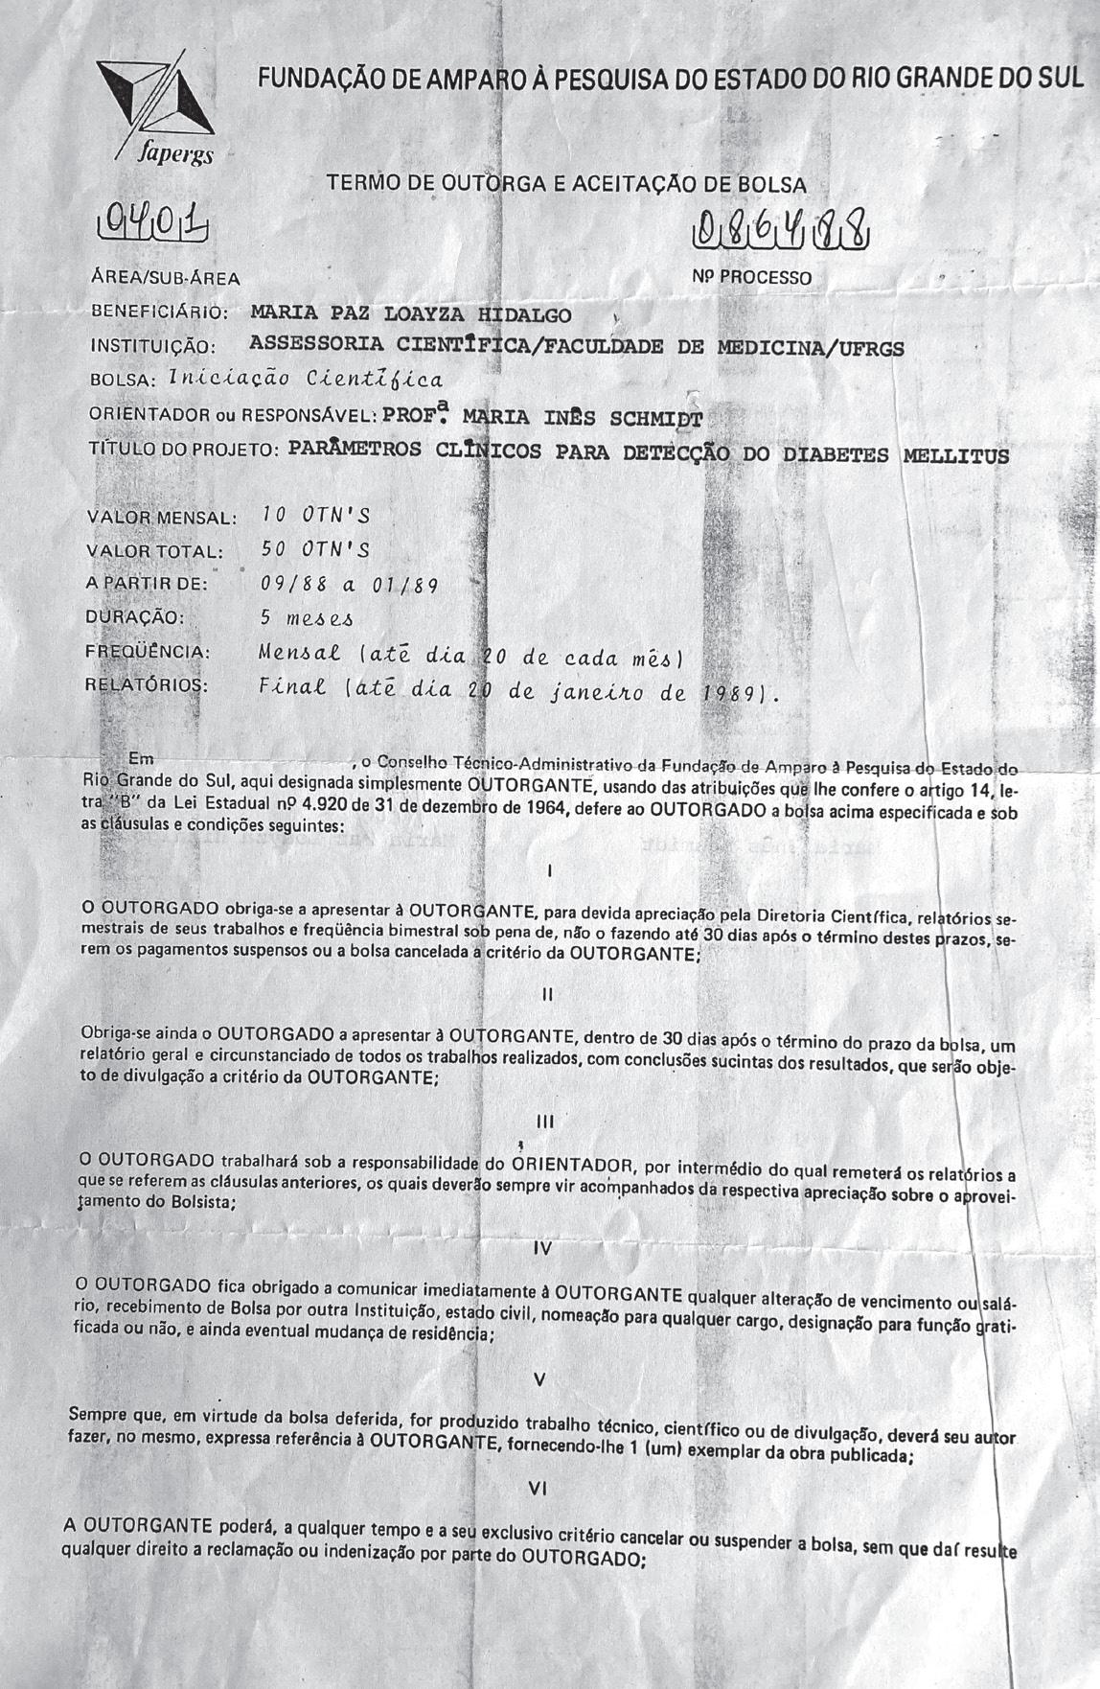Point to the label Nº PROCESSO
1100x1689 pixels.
point(751,278)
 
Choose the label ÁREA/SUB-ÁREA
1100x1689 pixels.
point(165,279)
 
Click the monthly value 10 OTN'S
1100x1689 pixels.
point(315,516)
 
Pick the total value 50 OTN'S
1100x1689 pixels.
point(315,549)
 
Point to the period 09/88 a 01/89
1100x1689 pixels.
point(349,584)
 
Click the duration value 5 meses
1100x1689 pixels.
point(307,618)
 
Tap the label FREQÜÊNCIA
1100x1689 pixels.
point(148,653)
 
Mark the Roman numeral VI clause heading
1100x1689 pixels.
point(539,1490)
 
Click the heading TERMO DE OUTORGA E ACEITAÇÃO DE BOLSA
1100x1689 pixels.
point(566,183)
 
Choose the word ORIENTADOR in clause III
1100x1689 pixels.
point(571,1166)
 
